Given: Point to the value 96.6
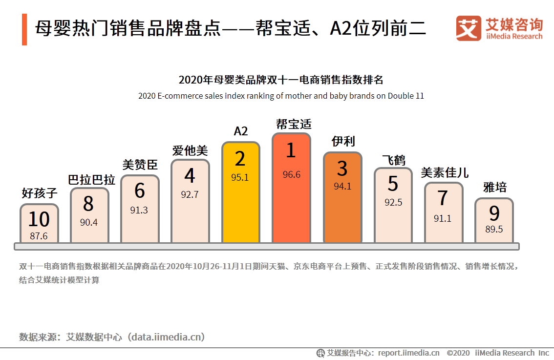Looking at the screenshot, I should [x=291, y=174].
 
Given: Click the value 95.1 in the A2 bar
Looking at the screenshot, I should [x=240, y=177].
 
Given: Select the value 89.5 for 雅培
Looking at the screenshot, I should [x=494, y=229].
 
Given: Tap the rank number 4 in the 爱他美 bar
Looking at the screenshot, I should [x=190, y=175].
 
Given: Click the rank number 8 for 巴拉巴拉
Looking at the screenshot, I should [x=88, y=204].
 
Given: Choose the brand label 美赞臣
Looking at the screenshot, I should [x=140, y=165].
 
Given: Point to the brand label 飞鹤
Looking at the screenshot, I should [x=393, y=159].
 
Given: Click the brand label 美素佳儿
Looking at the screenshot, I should [x=444, y=172].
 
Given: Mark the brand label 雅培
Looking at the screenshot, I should [x=494, y=187].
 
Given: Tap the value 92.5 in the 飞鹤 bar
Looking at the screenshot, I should [x=393, y=202].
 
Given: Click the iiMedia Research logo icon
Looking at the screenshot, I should [x=469, y=28].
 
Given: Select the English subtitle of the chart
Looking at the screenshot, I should [x=281, y=96].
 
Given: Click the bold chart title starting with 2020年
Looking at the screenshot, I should [x=281, y=80].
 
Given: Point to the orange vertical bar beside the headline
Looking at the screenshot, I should [x=24, y=29].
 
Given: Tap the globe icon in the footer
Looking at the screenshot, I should [x=320, y=353].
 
